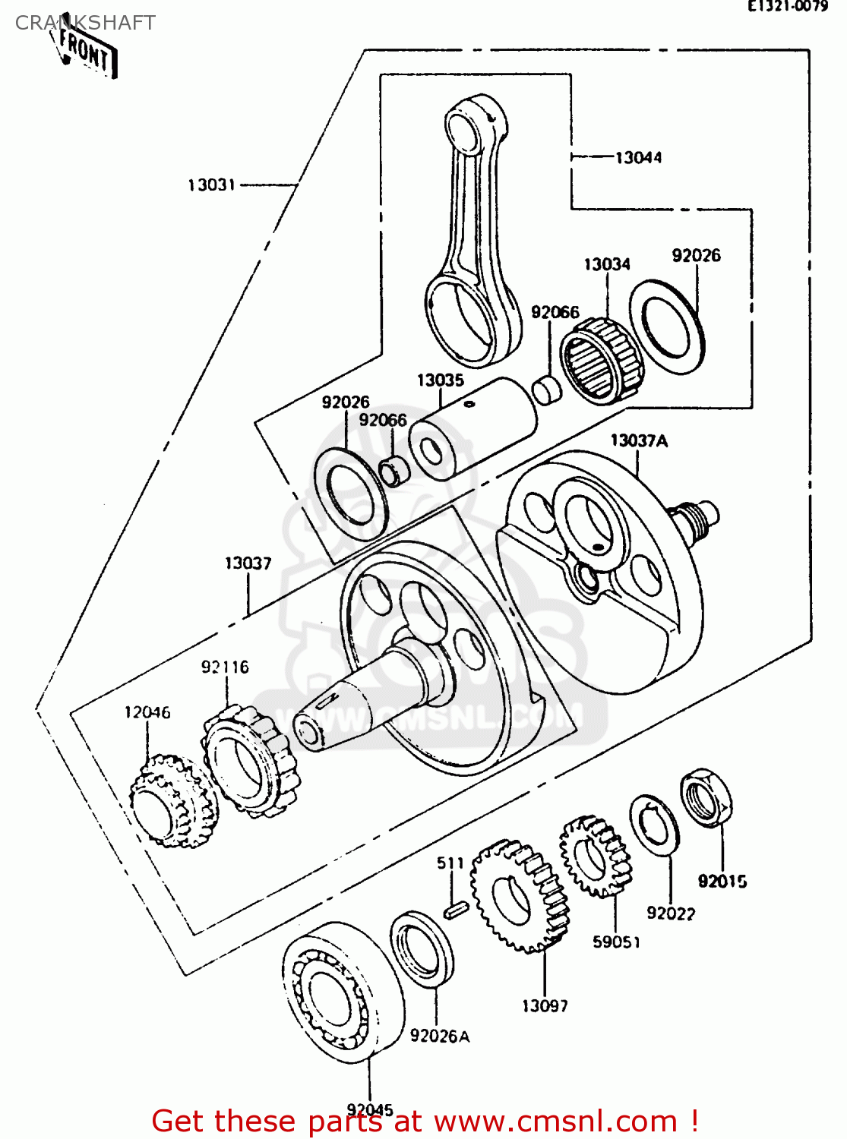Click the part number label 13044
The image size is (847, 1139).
coord(638,158)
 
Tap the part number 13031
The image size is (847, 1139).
coord(211,185)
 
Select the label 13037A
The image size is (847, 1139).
coord(639,440)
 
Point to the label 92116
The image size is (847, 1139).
coord(225,667)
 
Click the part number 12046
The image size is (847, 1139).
coord(147,712)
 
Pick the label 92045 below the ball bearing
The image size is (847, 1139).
coord(370,1109)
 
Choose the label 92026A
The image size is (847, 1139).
coord(440,1036)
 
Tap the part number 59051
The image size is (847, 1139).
coord(616,942)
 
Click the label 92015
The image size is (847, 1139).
coord(722,882)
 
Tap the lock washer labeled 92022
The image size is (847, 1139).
coord(654,825)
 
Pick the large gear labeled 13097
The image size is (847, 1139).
coord(519,896)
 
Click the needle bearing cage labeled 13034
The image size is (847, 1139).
coord(602,358)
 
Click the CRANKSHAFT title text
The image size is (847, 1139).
coord(85,23)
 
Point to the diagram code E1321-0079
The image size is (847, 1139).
coord(788,6)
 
